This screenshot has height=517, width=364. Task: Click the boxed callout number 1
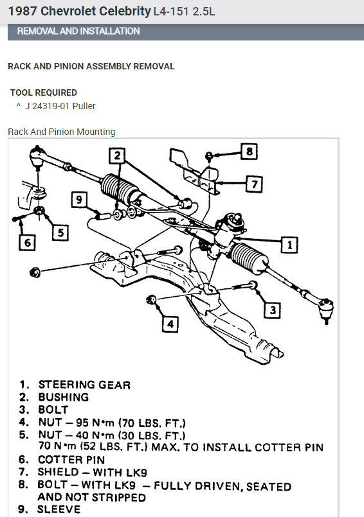pos(289,244)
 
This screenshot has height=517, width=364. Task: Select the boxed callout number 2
pos(116,155)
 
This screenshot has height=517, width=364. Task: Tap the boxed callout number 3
pos(273,311)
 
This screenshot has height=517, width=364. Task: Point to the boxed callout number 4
pos(169,324)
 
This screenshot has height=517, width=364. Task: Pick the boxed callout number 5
pos(60,232)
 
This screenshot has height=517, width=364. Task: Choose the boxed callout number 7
pos(255,184)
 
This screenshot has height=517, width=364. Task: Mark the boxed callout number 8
pos(250,152)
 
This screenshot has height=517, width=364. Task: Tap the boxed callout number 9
pos(80,200)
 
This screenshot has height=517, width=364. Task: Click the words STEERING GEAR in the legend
pos(84,385)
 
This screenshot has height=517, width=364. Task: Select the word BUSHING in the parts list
pos(63,397)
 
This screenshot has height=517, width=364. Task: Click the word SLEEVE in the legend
pos(59,509)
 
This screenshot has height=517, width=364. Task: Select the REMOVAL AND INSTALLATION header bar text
pos(78,31)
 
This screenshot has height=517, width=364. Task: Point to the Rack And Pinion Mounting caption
pos(62,132)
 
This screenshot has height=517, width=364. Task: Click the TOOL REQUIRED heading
pos(44,92)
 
